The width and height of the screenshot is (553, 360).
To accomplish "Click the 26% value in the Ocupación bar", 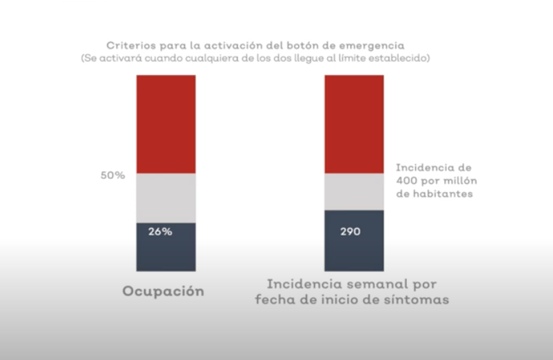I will pos(160,232).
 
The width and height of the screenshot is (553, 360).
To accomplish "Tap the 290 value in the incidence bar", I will pos(349,232).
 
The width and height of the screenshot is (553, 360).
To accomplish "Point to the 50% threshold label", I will pos(113,176).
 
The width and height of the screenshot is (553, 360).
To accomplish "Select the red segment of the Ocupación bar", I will pos(166,124).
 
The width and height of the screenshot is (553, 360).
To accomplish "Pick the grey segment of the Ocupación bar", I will pos(166,198).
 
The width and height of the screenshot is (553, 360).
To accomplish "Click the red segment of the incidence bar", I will pos(354,124).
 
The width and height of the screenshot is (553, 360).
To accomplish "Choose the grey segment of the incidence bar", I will pos(354,191).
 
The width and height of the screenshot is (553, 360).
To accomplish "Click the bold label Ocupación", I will pos(163,291).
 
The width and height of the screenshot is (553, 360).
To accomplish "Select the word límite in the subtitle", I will pos(348,59).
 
